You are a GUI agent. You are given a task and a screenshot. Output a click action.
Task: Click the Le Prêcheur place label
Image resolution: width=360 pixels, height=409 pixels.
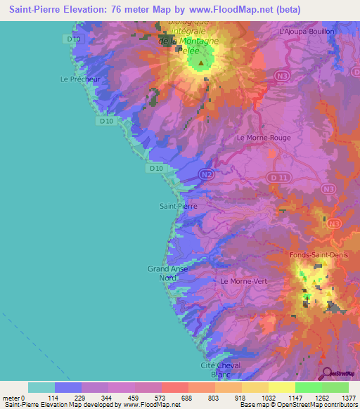(79, 79)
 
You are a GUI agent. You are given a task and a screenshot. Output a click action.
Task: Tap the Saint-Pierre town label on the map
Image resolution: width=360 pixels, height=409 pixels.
(178, 207)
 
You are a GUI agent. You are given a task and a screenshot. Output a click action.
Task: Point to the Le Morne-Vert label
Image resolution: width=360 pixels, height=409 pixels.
(243, 281)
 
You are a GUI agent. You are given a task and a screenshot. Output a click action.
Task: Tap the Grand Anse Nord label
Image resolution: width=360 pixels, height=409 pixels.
(167, 273)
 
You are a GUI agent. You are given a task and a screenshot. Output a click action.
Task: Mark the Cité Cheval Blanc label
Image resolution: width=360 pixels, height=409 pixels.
(221, 370)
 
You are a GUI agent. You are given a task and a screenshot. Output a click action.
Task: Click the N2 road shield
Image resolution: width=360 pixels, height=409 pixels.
(205, 174)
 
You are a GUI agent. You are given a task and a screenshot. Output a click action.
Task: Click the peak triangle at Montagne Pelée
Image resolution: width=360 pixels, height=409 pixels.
(201, 63)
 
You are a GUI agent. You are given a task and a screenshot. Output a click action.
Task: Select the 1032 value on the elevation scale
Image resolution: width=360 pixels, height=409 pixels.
(268, 398)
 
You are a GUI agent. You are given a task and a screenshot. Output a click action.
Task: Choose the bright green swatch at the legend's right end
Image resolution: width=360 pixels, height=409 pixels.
(335, 387)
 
